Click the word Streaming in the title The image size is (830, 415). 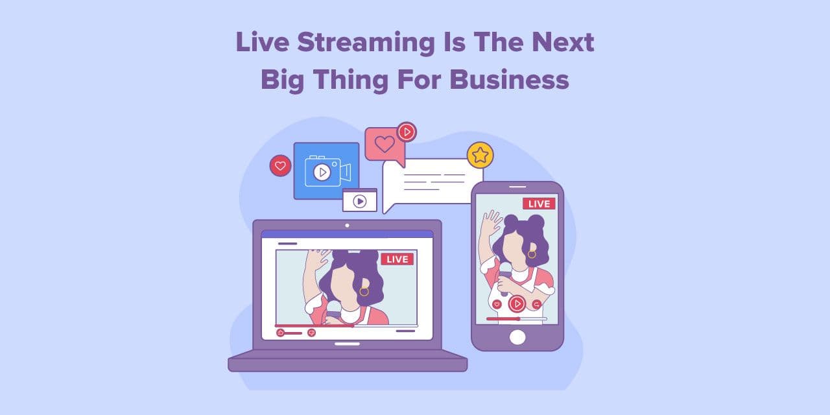coord(366,43)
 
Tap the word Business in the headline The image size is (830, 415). coord(509,80)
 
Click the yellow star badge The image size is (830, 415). coord(480,155)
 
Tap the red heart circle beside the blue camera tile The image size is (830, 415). coord(281,165)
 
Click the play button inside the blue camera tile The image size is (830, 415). coord(322,172)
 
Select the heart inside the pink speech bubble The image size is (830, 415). coord(385,144)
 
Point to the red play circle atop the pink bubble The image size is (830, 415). coord(407,132)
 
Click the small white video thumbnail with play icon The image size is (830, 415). coord(359,200)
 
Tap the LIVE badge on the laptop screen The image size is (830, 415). coord(397,259)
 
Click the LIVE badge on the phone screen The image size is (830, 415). coord(539,204)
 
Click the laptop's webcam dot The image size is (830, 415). coord(347,225)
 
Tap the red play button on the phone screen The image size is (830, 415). coord(517,304)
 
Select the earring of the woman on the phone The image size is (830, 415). coord(532,255)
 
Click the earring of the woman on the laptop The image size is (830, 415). coord(364,292)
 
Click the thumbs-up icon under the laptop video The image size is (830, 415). coord(281,333)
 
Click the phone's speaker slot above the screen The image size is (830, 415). coord(517,187)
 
